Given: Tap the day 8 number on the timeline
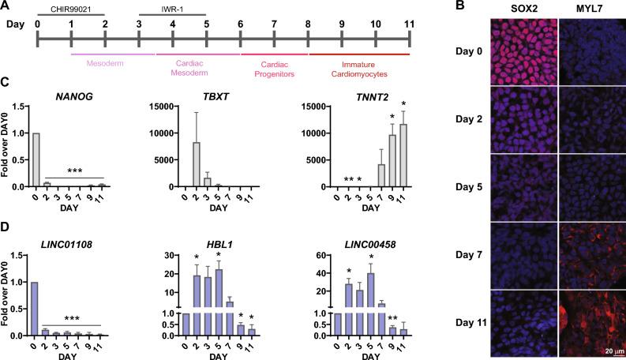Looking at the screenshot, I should point(308,24).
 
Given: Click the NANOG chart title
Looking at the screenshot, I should point(77,96).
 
